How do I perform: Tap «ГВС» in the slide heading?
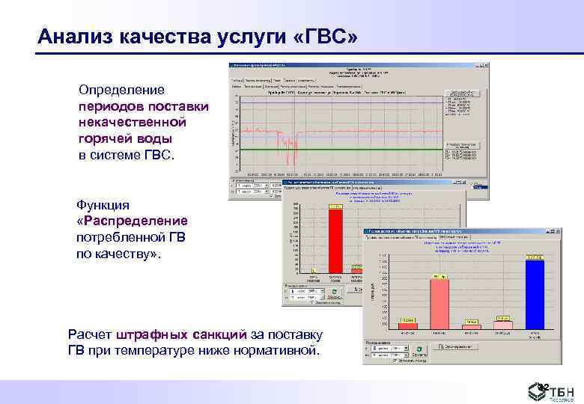pyautogui.click(x=323, y=36)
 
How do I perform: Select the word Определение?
pyautogui.click(x=121, y=89)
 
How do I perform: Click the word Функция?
pyautogui.click(x=103, y=205)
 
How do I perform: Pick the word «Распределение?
pyautogui.click(x=132, y=221)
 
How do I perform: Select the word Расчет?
pyautogui.click(x=88, y=334)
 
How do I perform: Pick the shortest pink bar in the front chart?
pyautogui.click(x=472, y=326)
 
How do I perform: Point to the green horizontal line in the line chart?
pyautogui.click(x=337, y=150)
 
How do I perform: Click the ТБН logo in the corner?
pyautogui.click(x=559, y=391)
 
